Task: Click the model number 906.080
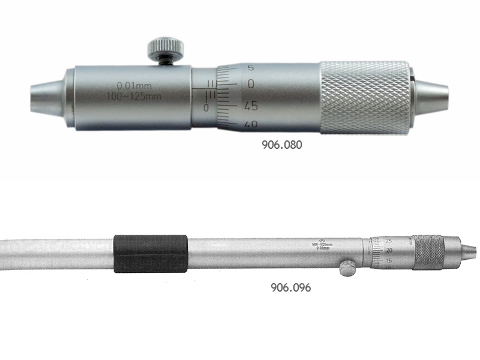(281, 145)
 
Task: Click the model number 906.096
(290, 287)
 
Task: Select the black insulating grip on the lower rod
(150, 253)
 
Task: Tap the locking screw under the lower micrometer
(347, 268)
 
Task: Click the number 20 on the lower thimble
(389, 250)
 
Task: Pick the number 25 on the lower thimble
(388, 240)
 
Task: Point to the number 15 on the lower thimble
(389, 260)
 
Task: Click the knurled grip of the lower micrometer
(429, 252)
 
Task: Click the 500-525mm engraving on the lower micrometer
(323, 244)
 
